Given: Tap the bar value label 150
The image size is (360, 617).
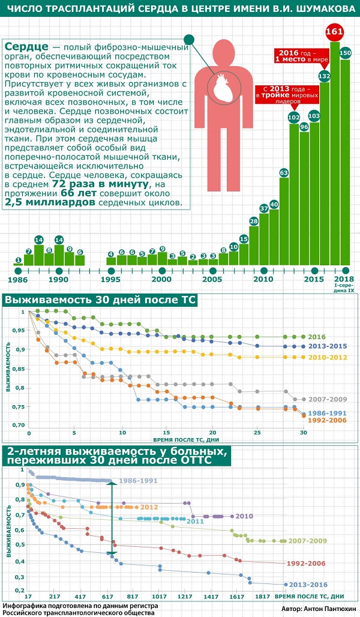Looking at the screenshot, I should tap(345, 53).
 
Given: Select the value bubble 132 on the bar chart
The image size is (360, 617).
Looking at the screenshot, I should tap(325, 76).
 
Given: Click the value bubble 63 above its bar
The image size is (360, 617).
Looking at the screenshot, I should tap(284, 173).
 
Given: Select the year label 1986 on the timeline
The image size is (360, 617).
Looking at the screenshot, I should tap(18, 280).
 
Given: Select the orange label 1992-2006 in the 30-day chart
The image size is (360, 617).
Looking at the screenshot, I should tap(323, 420).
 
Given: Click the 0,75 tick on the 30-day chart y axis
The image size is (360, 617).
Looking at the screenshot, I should tap(18, 406).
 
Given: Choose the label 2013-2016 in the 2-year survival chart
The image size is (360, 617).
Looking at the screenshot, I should tap(308, 584).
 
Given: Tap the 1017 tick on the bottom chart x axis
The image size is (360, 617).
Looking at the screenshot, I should tap(159, 597).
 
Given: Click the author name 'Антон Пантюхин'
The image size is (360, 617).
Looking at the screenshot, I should tap(328, 608).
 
